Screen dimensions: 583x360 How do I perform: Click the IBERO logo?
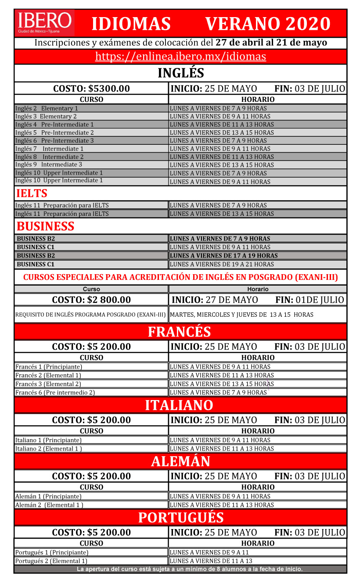click(44, 23)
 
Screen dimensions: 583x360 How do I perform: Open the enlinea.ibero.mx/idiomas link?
click(180, 57)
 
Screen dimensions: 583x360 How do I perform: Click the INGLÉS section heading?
click(180, 73)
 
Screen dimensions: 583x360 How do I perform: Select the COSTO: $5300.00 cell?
click(91, 89)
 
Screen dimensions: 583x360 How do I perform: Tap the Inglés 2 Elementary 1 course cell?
click(47, 108)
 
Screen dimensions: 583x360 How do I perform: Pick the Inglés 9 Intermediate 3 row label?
click(49, 165)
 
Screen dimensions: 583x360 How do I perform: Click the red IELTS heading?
click(32, 193)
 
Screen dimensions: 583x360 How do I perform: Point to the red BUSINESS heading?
click(45, 226)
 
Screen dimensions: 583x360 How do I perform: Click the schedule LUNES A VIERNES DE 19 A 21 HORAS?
click(222, 264)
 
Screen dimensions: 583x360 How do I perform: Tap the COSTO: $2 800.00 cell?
click(91, 300)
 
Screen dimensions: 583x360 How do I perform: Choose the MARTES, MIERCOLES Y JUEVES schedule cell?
click(241, 315)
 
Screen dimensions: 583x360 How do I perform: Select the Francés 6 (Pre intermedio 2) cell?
click(55, 393)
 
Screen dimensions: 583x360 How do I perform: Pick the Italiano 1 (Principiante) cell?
click(48, 440)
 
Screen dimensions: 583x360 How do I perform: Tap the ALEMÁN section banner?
click(180, 461)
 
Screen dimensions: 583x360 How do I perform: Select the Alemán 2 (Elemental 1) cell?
click(49, 505)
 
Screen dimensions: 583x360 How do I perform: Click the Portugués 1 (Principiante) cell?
click(52, 552)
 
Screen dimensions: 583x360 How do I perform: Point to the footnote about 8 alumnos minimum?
click(190, 569)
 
